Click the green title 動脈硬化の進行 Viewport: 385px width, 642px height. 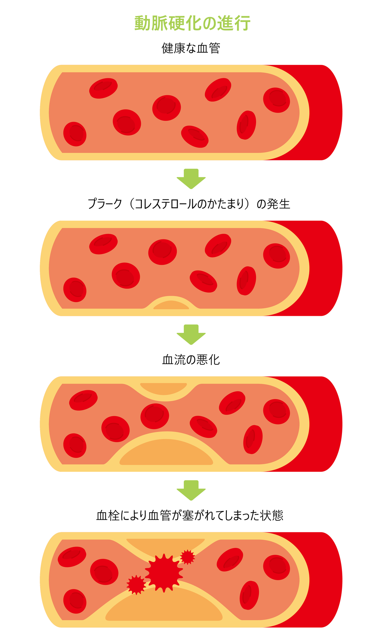coord(192,23)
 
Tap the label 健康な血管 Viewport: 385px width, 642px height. coord(191,48)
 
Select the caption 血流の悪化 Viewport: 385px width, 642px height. coord(191,360)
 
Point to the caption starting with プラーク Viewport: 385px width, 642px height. coord(189,204)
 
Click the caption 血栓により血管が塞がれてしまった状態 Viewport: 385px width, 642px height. coord(190,515)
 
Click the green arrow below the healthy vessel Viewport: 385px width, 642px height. coord(191,179)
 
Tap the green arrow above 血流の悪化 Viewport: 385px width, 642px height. coord(191,334)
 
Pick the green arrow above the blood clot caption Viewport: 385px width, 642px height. coord(191,490)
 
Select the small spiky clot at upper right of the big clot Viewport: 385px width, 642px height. coord(188,557)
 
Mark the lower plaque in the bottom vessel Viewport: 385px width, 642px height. coord(164,605)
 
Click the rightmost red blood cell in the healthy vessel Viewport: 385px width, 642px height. coord(277,100)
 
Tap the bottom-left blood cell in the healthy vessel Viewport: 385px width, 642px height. coord(75,134)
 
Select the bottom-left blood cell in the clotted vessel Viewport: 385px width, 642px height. coord(75,601)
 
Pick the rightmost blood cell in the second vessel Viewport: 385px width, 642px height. coord(277,256)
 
